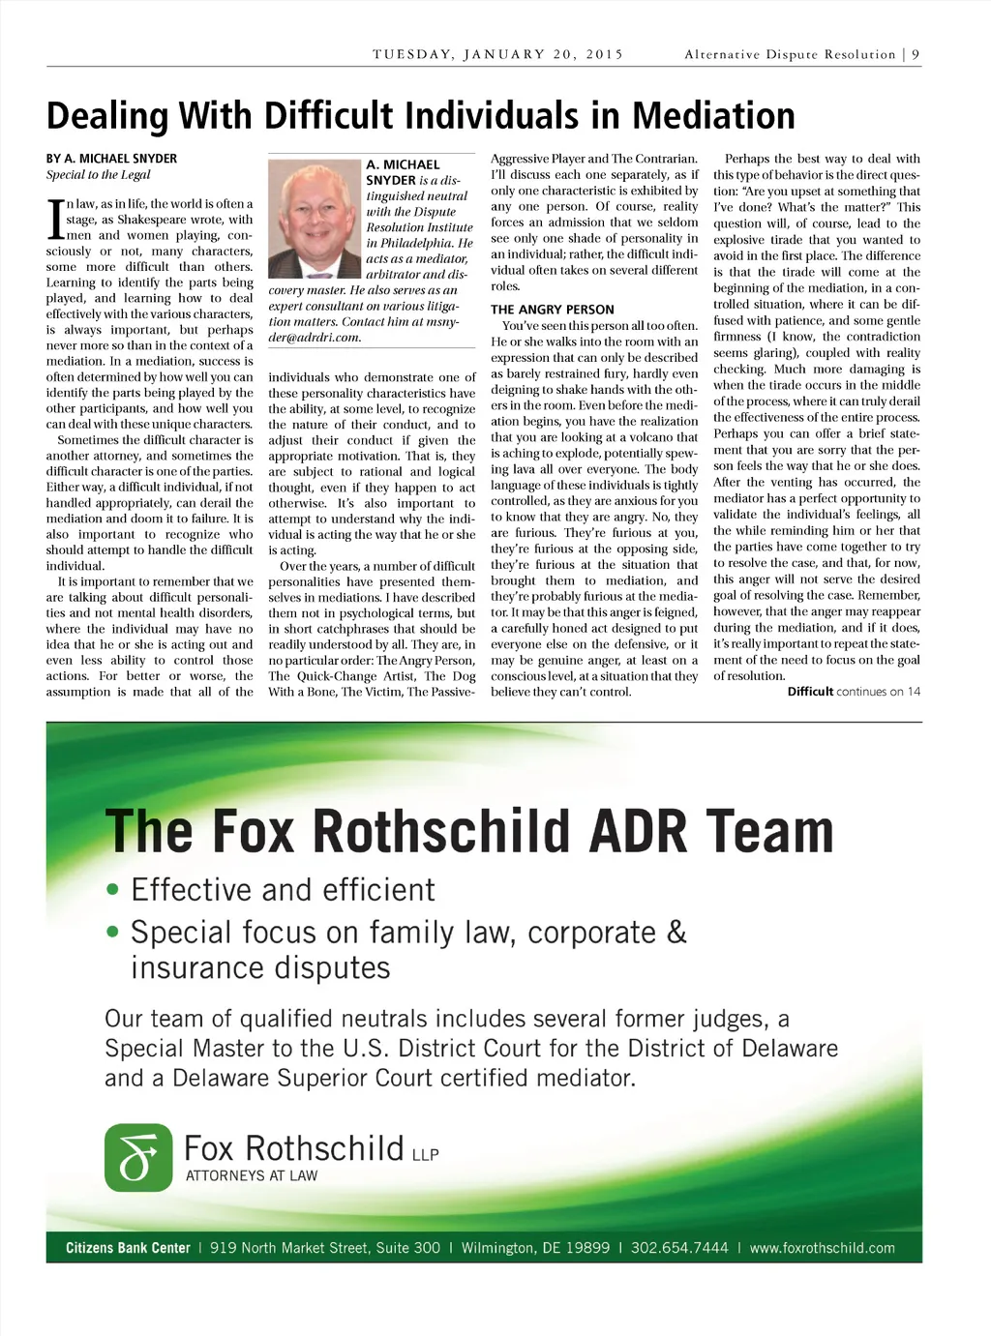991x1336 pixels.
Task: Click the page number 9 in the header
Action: pyautogui.click(x=916, y=55)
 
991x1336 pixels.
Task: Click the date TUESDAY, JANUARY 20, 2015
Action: pyautogui.click(x=497, y=55)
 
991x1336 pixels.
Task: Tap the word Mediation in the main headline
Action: pyautogui.click(x=713, y=116)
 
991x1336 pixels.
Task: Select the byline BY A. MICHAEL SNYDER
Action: pyautogui.click(x=111, y=159)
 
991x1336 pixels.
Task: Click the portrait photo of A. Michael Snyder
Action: pyautogui.click(x=314, y=219)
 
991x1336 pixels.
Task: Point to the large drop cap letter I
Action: pyautogui.click(x=55, y=220)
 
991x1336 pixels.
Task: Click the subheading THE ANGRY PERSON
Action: pyautogui.click(x=552, y=310)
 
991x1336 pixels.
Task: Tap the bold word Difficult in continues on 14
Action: pyautogui.click(x=810, y=692)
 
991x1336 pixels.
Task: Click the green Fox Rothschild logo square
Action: pyautogui.click(x=138, y=1157)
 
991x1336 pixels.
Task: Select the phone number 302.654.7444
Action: pyautogui.click(x=679, y=1248)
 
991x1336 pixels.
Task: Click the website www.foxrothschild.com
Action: pyautogui.click(x=822, y=1248)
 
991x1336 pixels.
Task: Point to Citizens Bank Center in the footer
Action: pyautogui.click(x=128, y=1248)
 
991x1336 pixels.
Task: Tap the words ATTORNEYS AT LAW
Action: pyautogui.click(x=252, y=1176)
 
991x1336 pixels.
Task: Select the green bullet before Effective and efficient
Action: pyautogui.click(x=113, y=890)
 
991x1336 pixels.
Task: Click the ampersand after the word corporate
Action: pyautogui.click(x=676, y=933)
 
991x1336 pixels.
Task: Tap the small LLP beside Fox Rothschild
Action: pyautogui.click(x=425, y=1155)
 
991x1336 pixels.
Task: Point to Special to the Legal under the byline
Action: pyautogui.click(x=99, y=175)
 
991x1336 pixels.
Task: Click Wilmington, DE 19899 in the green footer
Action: pyautogui.click(x=535, y=1248)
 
